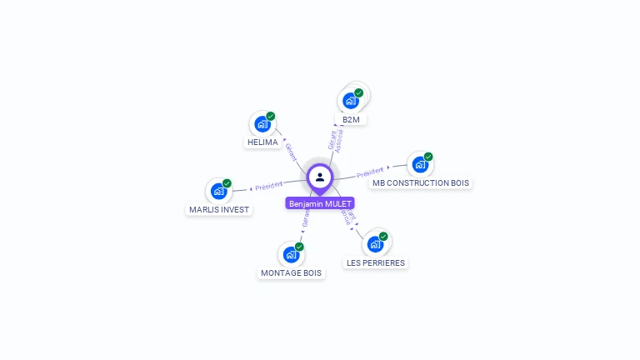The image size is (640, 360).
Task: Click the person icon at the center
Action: (x=320, y=177)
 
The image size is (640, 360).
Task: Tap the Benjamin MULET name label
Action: (x=320, y=203)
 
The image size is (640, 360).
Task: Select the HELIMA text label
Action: (x=262, y=142)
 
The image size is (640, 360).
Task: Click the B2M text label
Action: (x=351, y=120)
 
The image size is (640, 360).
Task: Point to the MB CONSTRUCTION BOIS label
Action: (x=420, y=182)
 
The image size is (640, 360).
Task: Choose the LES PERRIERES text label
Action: (x=376, y=262)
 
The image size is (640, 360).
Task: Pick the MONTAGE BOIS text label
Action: (x=291, y=272)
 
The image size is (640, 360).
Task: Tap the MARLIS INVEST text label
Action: (x=219, y=209)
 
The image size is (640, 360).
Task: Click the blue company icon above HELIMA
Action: (x=262, y=124)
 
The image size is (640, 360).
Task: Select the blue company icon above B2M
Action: (x=351, y=101)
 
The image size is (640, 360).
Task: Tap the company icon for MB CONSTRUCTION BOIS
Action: (x=420, y=164)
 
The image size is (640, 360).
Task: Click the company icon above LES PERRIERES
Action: (x=376, y=244)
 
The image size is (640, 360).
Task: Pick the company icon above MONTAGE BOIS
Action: (x=291, y=254)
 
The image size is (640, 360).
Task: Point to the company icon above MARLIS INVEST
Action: (x=219, y=191)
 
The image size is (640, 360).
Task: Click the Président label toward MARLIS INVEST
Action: (x=269, y=186)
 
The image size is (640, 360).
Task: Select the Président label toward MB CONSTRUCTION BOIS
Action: (x=370, y=172)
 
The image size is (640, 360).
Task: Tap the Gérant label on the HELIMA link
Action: (x=291, y=151)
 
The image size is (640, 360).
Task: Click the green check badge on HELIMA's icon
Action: (x=271, y=117)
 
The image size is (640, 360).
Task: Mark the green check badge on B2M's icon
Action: (x=359, y=93)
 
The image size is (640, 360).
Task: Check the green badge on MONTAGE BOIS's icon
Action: (x=299, y=247)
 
